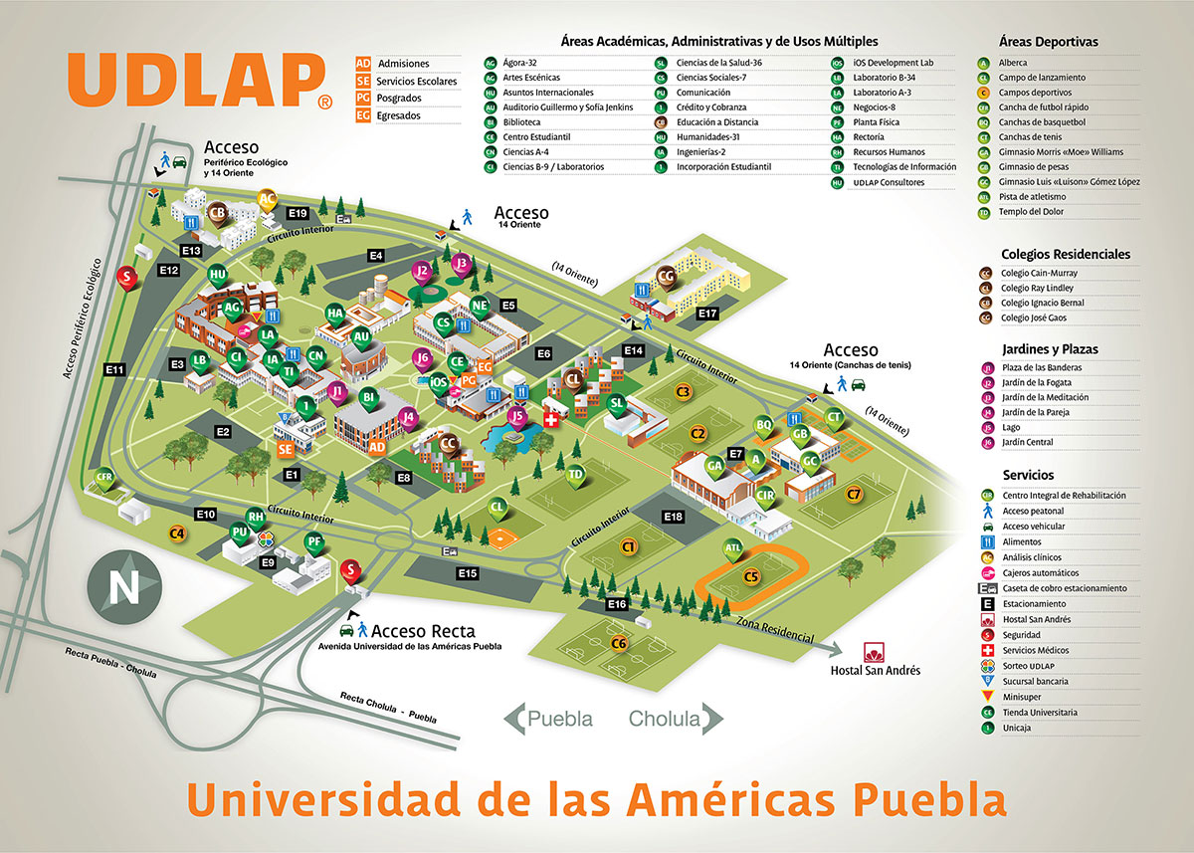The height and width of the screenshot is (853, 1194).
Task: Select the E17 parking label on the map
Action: pyautogui.click(x=706, y=314)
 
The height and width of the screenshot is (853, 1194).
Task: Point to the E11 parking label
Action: pyautogui.click(x=114, y=370)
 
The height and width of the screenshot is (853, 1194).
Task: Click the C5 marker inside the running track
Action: pyautogui.click(x=751, y=575)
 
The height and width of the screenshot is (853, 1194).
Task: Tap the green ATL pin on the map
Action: pyautogui.click(x=733, y=547)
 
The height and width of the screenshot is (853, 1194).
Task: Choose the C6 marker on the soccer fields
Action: pyautogui.click(x=619, y=642)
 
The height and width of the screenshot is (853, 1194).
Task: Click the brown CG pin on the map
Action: pyautogui.click(x=667, y=278)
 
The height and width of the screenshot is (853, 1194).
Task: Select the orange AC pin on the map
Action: pyautogui.click(x=267, y=199)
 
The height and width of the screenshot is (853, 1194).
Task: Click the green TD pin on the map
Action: pyautogui.click(x=574, y=475)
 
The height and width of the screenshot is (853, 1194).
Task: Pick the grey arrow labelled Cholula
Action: pyautogui.click(x=675, y=719)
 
